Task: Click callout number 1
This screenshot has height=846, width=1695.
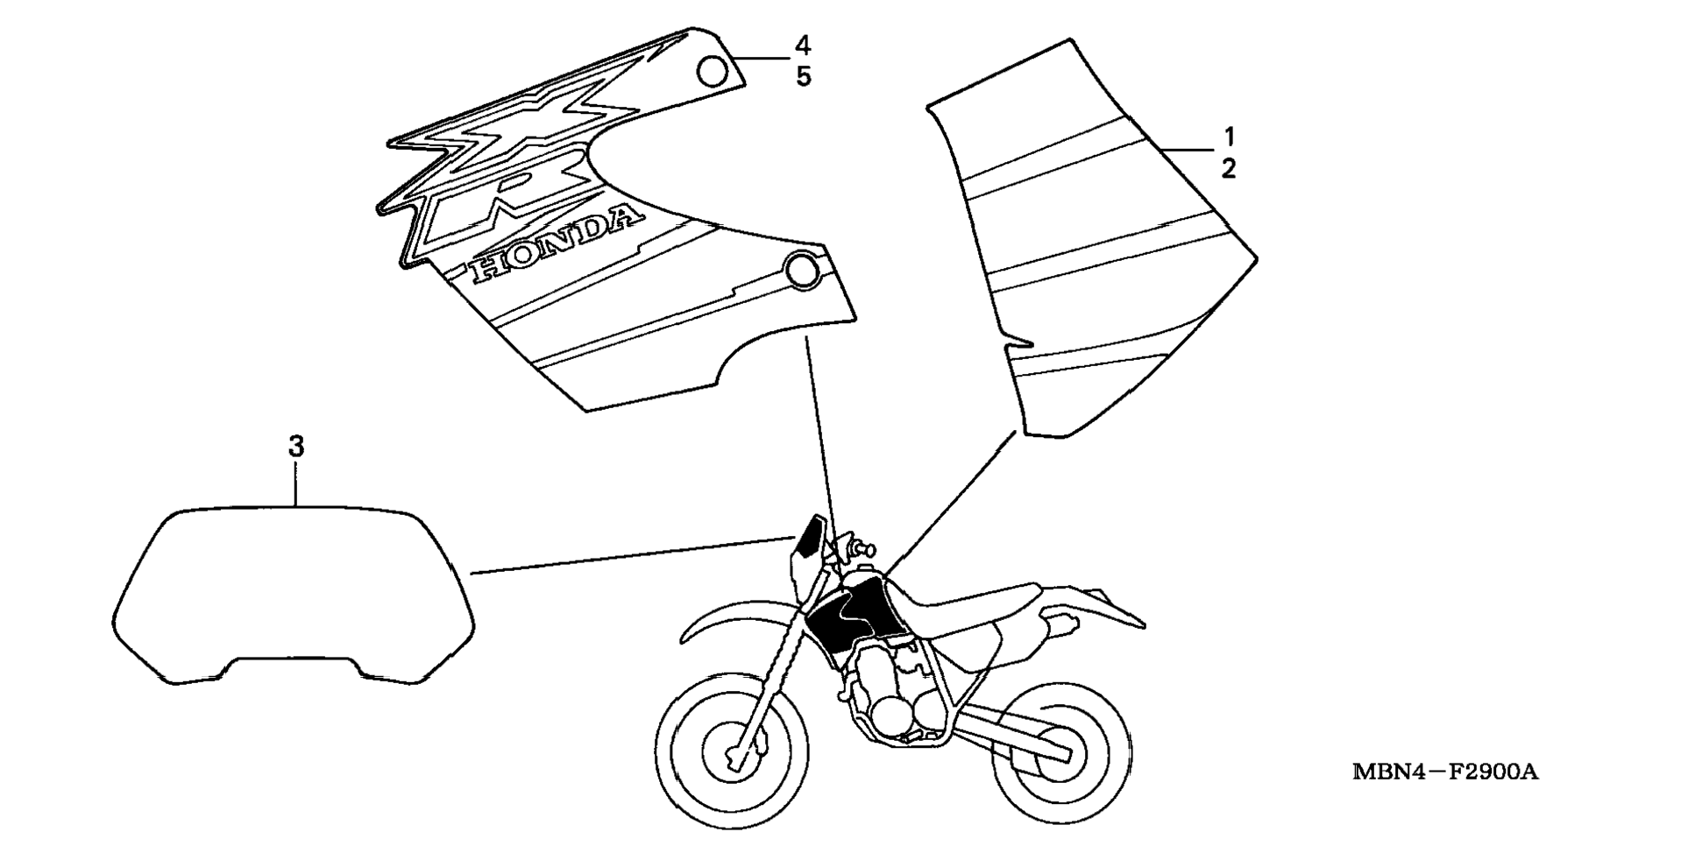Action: [1229, 137]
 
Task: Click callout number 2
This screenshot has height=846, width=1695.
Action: [1229, 168]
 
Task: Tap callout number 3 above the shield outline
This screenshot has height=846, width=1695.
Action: [296, 447]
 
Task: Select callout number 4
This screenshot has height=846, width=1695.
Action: [803, 45]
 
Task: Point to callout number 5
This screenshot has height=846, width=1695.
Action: [803, 76]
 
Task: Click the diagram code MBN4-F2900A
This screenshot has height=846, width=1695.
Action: [1445, 772]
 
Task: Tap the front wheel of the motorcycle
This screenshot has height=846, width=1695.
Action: [732, 751]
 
